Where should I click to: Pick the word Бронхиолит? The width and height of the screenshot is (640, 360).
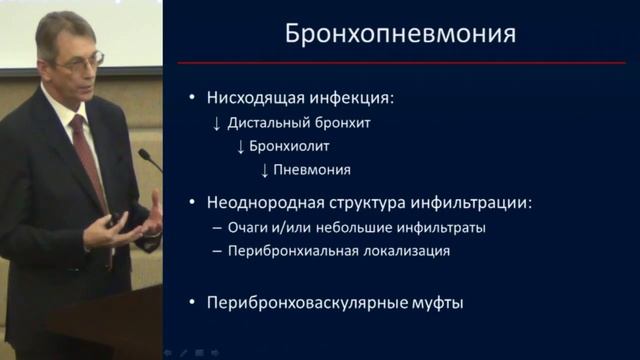coord(287,146)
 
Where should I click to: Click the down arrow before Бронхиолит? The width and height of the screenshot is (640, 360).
coord(240,146)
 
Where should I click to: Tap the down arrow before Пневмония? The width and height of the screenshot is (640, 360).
coord(264,170)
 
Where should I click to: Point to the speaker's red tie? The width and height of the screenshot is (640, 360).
coord(92,160)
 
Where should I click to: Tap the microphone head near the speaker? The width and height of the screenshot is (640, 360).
coord(142,155)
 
